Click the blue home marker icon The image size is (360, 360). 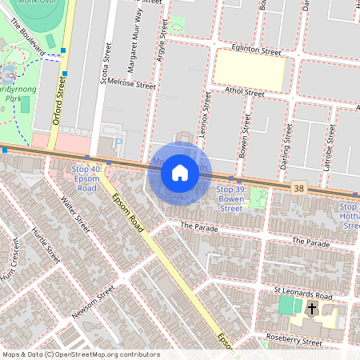tap(180, 173)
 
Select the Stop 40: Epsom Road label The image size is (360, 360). tap(85, 178)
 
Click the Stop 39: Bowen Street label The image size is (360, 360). tap(230, 198)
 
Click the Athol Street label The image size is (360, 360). tap(244, 93)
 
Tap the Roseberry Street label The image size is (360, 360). tap(294, 342)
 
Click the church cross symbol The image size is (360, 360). tap(310, 308)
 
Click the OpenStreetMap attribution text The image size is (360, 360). tap(80, 354)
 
